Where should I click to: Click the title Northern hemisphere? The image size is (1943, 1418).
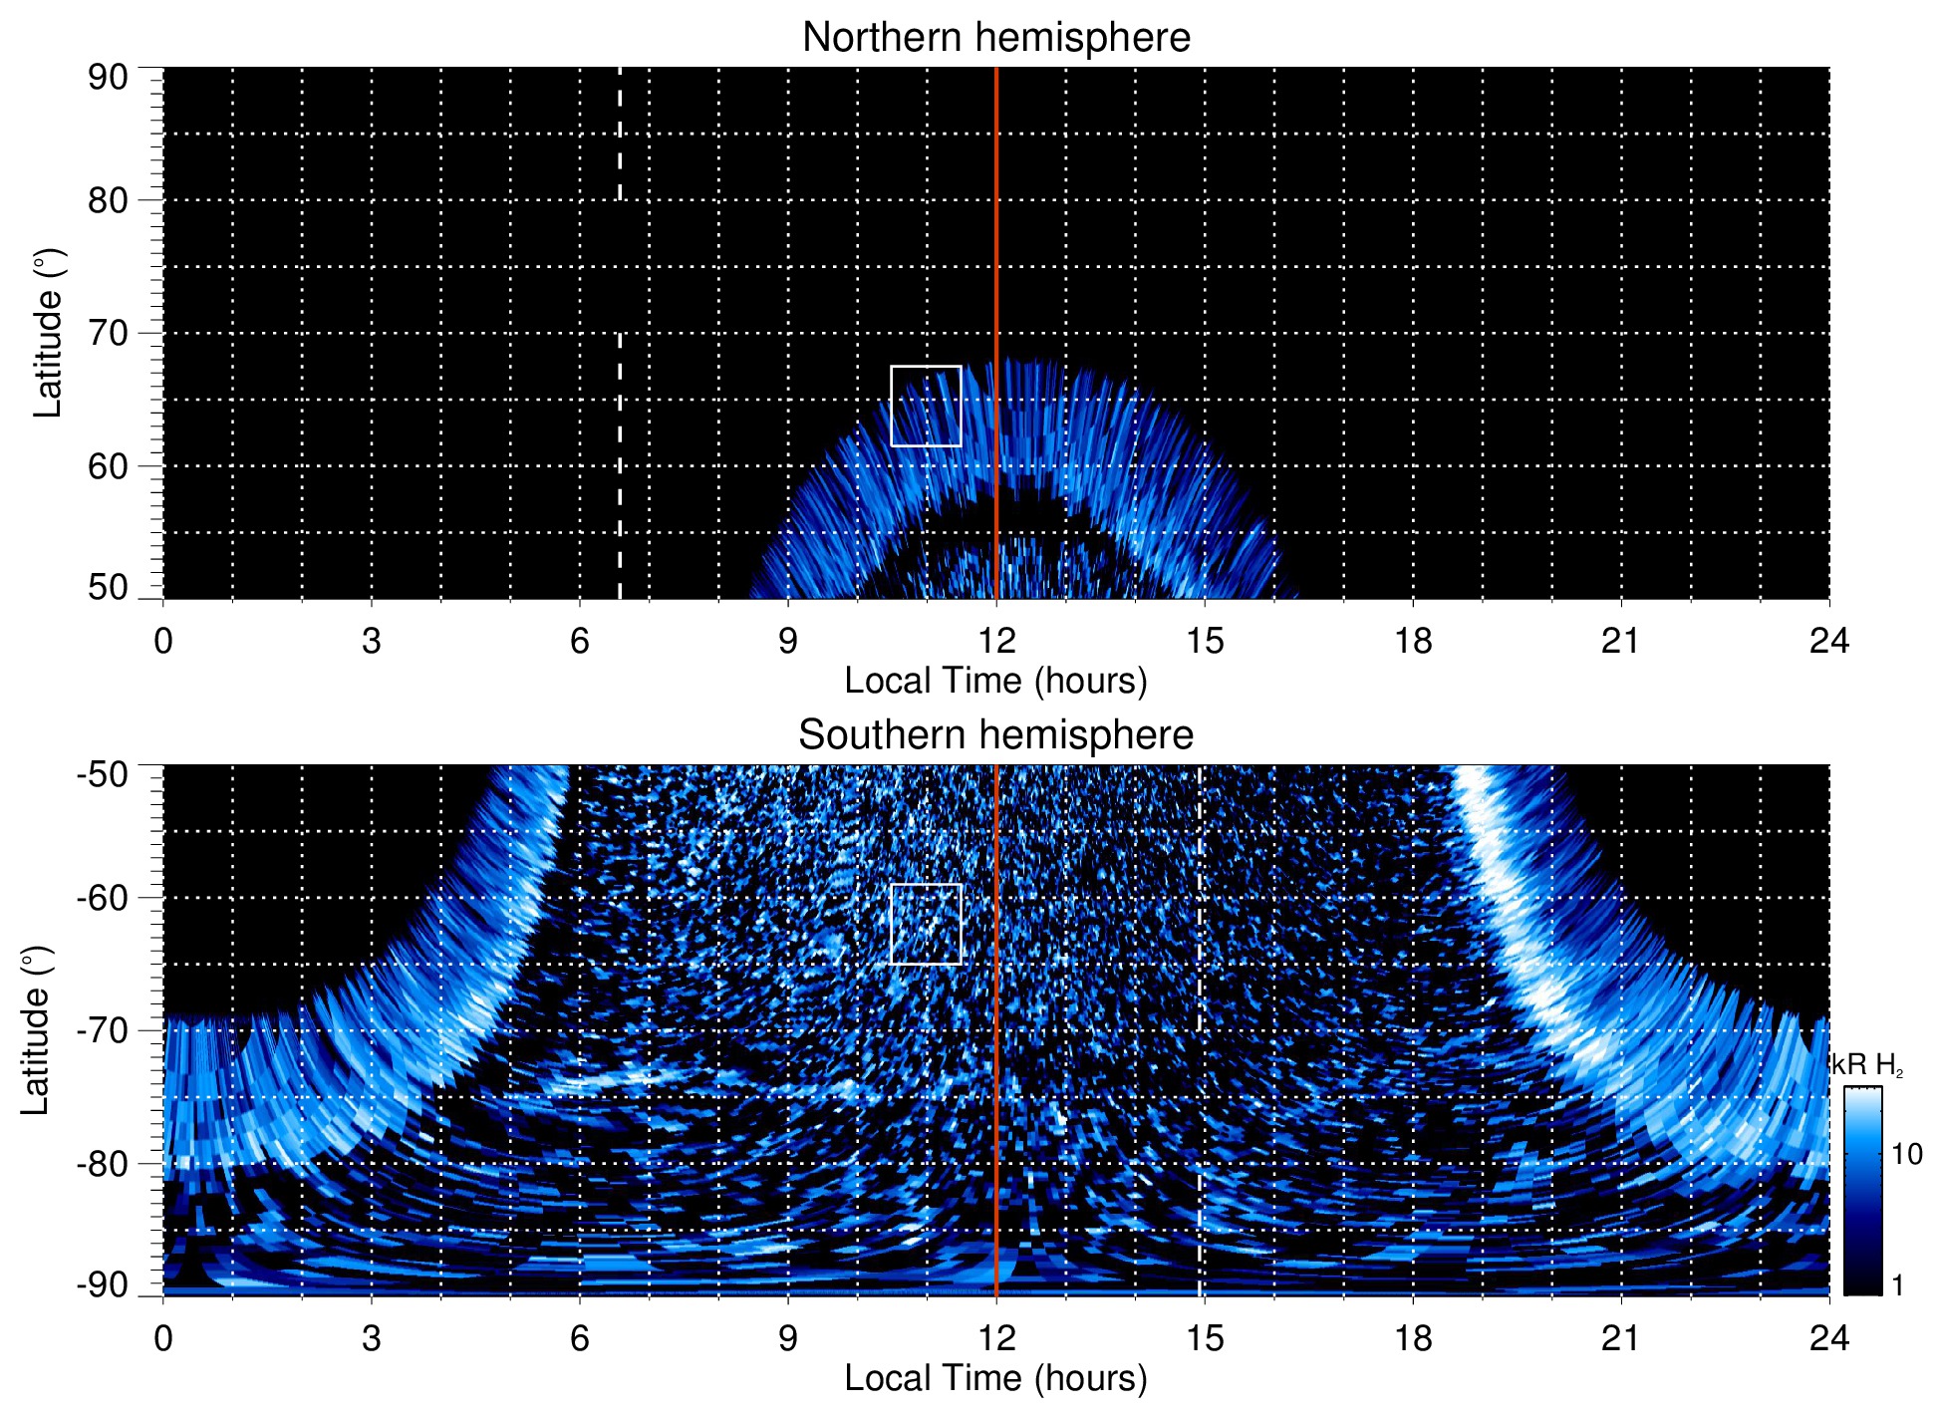[x=995, y=38]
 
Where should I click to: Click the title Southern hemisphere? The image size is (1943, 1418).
[x=995, y=735]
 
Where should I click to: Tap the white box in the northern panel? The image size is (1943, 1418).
[x=926, y=406]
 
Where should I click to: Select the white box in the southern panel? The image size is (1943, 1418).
[x=926, y=924]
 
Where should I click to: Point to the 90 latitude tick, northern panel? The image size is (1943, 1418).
[x=108, y=77]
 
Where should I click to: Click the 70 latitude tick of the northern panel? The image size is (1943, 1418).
[x=108, y=333]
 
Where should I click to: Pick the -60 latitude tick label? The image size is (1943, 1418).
[x=103, y=897]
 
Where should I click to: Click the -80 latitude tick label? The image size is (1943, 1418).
[x=103, y=1163]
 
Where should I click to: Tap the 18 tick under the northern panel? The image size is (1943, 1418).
[x=1412, y=641]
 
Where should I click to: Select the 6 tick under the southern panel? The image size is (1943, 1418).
[x=579, y=1338]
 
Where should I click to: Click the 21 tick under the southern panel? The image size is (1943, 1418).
[x=1620, y=1338]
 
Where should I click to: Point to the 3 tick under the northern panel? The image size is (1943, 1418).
[x=371, y=641]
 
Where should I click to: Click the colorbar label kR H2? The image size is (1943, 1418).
[x=1867, y=1065]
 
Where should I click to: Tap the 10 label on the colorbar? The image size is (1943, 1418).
[x=1906, y=1154]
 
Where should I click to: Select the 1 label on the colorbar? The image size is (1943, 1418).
[x=1897, y=1285]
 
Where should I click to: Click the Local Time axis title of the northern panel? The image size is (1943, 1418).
[x=995, y=681]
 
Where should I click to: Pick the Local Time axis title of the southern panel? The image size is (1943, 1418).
[x=995, y=1378]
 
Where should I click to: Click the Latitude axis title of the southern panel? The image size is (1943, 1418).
[x=36, y=1031]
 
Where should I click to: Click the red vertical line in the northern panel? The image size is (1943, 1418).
[x=996, y=249]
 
